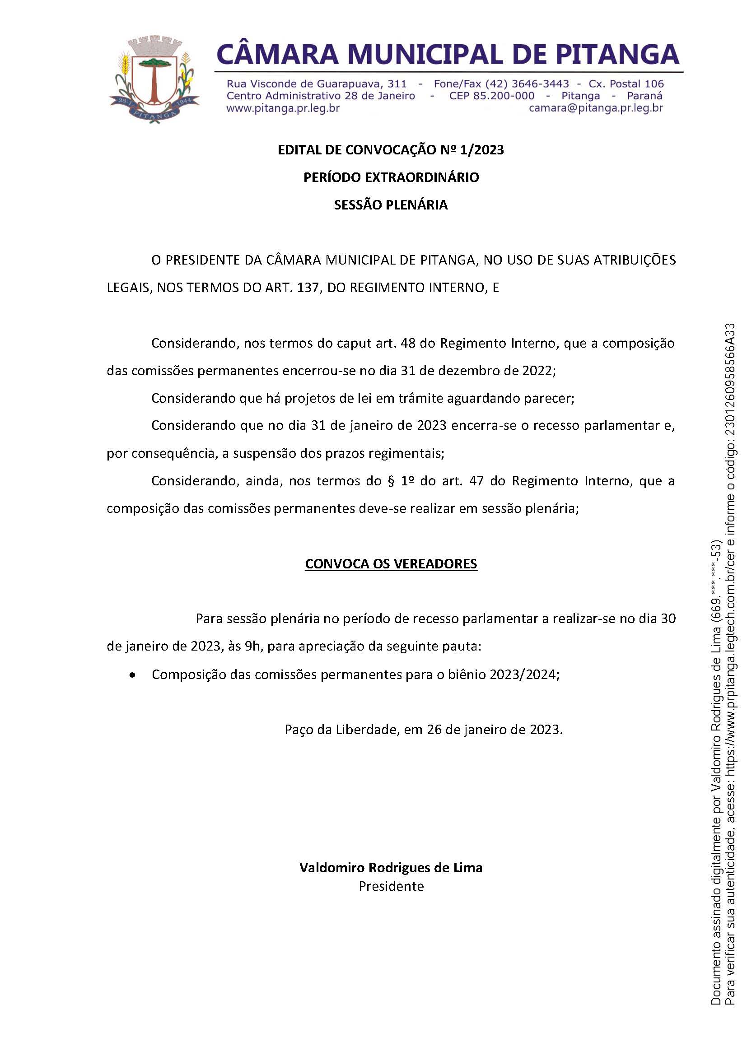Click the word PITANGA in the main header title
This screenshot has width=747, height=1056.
tap(617, 54)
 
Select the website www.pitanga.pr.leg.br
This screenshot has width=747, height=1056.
tap(283, 108)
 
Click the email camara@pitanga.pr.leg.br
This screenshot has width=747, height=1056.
tap(596, 108)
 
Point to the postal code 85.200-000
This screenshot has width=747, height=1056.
tap(504, 96)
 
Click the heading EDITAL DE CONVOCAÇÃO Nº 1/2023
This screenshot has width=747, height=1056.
tap(391, 150)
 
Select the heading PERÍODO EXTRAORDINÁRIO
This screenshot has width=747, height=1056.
tap(391, 177)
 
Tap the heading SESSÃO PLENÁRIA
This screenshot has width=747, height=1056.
tap(391, 205)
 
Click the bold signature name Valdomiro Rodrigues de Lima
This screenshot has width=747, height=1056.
tap(391, 868)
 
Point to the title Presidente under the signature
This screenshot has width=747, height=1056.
tap(391, 886)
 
